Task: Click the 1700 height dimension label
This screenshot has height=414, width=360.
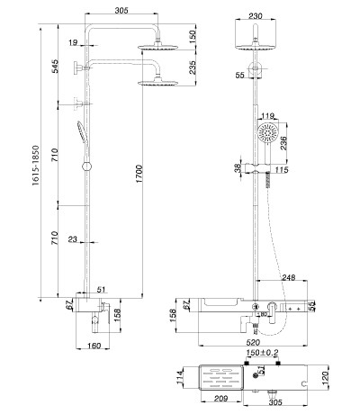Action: point(139,174)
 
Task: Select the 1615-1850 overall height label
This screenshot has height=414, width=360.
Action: point(36,166)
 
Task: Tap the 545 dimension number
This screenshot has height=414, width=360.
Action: point(55,66)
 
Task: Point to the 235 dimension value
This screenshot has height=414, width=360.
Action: point(193,67)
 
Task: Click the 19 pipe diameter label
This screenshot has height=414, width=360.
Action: point(73,42)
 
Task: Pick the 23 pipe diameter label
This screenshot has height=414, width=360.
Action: point(73,239)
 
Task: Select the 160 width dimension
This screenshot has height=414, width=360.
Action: point(94,346)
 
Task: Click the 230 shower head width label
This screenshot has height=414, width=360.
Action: point(256,16)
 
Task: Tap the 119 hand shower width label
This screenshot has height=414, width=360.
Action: point(267,115)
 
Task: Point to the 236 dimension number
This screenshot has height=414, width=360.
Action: point(283,143)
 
